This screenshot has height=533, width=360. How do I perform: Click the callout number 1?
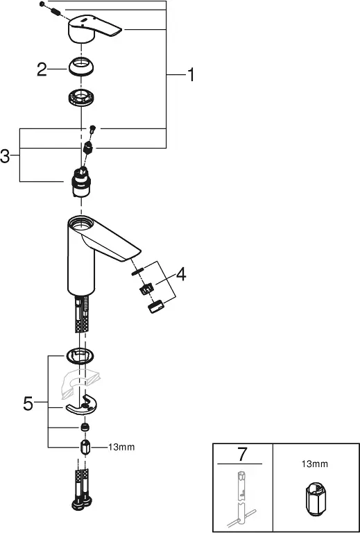(x=191, y=74)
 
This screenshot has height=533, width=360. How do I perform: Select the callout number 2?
(x=42, y=69)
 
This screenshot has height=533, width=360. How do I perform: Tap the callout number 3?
(x=5, y=156)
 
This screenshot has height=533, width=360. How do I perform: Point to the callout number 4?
(x=181, y=274)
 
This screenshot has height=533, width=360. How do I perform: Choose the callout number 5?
(x=28, y=404)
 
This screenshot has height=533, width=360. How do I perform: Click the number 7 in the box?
(x=241, y=455)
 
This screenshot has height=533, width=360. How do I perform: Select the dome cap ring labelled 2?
(x=81, y=66)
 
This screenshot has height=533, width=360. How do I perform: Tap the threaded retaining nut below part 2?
(x=81, y=99)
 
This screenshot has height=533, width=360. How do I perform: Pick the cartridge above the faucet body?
(x=81, y=183)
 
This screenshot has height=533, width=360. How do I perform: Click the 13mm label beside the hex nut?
(x=121, y=448)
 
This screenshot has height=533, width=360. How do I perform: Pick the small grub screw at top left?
(x=42, y=4)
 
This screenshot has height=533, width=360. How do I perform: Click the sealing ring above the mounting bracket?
(x=80, y=356)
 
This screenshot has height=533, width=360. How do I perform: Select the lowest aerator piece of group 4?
(x=156, y=307)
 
